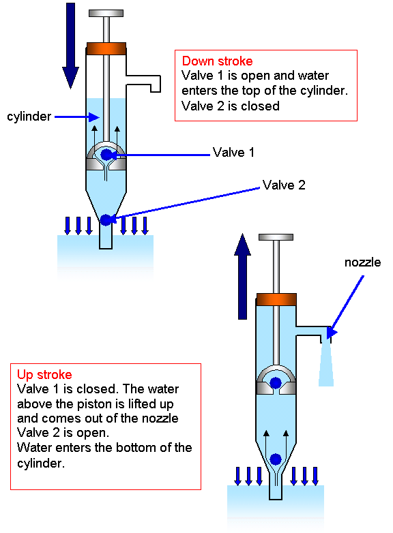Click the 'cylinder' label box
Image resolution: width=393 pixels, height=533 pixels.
(29, 117)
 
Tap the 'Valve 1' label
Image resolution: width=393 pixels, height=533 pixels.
(260, 153)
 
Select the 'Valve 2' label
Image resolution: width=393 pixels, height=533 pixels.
(308, 185)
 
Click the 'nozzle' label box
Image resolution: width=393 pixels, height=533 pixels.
(362, 262)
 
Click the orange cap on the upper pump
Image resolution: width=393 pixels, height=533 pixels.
(106, 49)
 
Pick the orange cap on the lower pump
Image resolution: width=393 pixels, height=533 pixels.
(276, 300)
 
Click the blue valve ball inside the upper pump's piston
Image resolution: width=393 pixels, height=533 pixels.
(106, 155)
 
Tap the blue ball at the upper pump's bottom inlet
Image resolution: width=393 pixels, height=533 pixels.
(106, 219)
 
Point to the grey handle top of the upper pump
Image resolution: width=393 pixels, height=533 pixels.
(106, 13)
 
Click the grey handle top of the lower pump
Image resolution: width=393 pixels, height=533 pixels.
(276, 237)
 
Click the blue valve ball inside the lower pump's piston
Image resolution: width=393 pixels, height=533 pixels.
(276, 383)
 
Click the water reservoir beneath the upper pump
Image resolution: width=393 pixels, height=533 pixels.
(106, 262)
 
